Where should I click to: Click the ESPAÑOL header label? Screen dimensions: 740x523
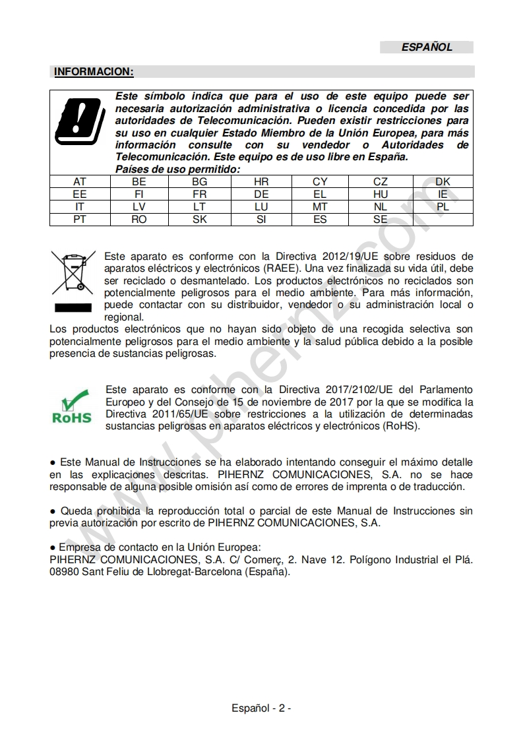427,47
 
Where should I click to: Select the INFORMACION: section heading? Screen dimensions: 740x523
94,71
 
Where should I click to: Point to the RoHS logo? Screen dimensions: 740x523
71,408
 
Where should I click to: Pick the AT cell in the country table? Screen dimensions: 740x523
80,182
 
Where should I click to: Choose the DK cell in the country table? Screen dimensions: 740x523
443,182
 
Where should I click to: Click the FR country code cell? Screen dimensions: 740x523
199,195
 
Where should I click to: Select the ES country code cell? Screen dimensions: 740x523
320,220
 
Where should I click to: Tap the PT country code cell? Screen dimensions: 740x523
80,220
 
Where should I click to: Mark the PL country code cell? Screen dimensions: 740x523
443,207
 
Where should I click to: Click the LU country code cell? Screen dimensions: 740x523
261,207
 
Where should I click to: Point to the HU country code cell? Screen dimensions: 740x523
381,195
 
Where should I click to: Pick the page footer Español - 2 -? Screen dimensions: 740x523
261,708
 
